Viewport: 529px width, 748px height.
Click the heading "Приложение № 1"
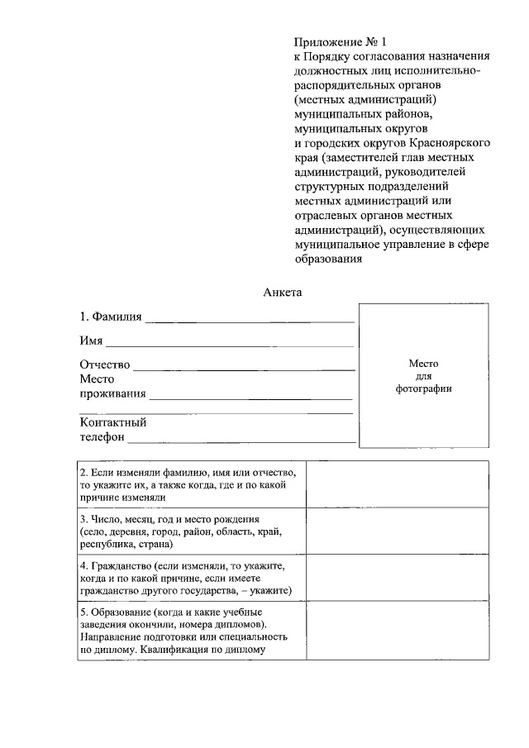pyautogui.click(x=340, y=41)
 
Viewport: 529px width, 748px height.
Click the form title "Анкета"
pyautogui.click(x=284, y=292)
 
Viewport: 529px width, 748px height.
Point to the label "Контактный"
pyautogui.click(x=113, y=422)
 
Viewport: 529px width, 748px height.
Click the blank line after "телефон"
pyautogui.click(x=242, y=440)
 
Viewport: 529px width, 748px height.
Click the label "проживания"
pyautogui.click(x=112, y=393)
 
